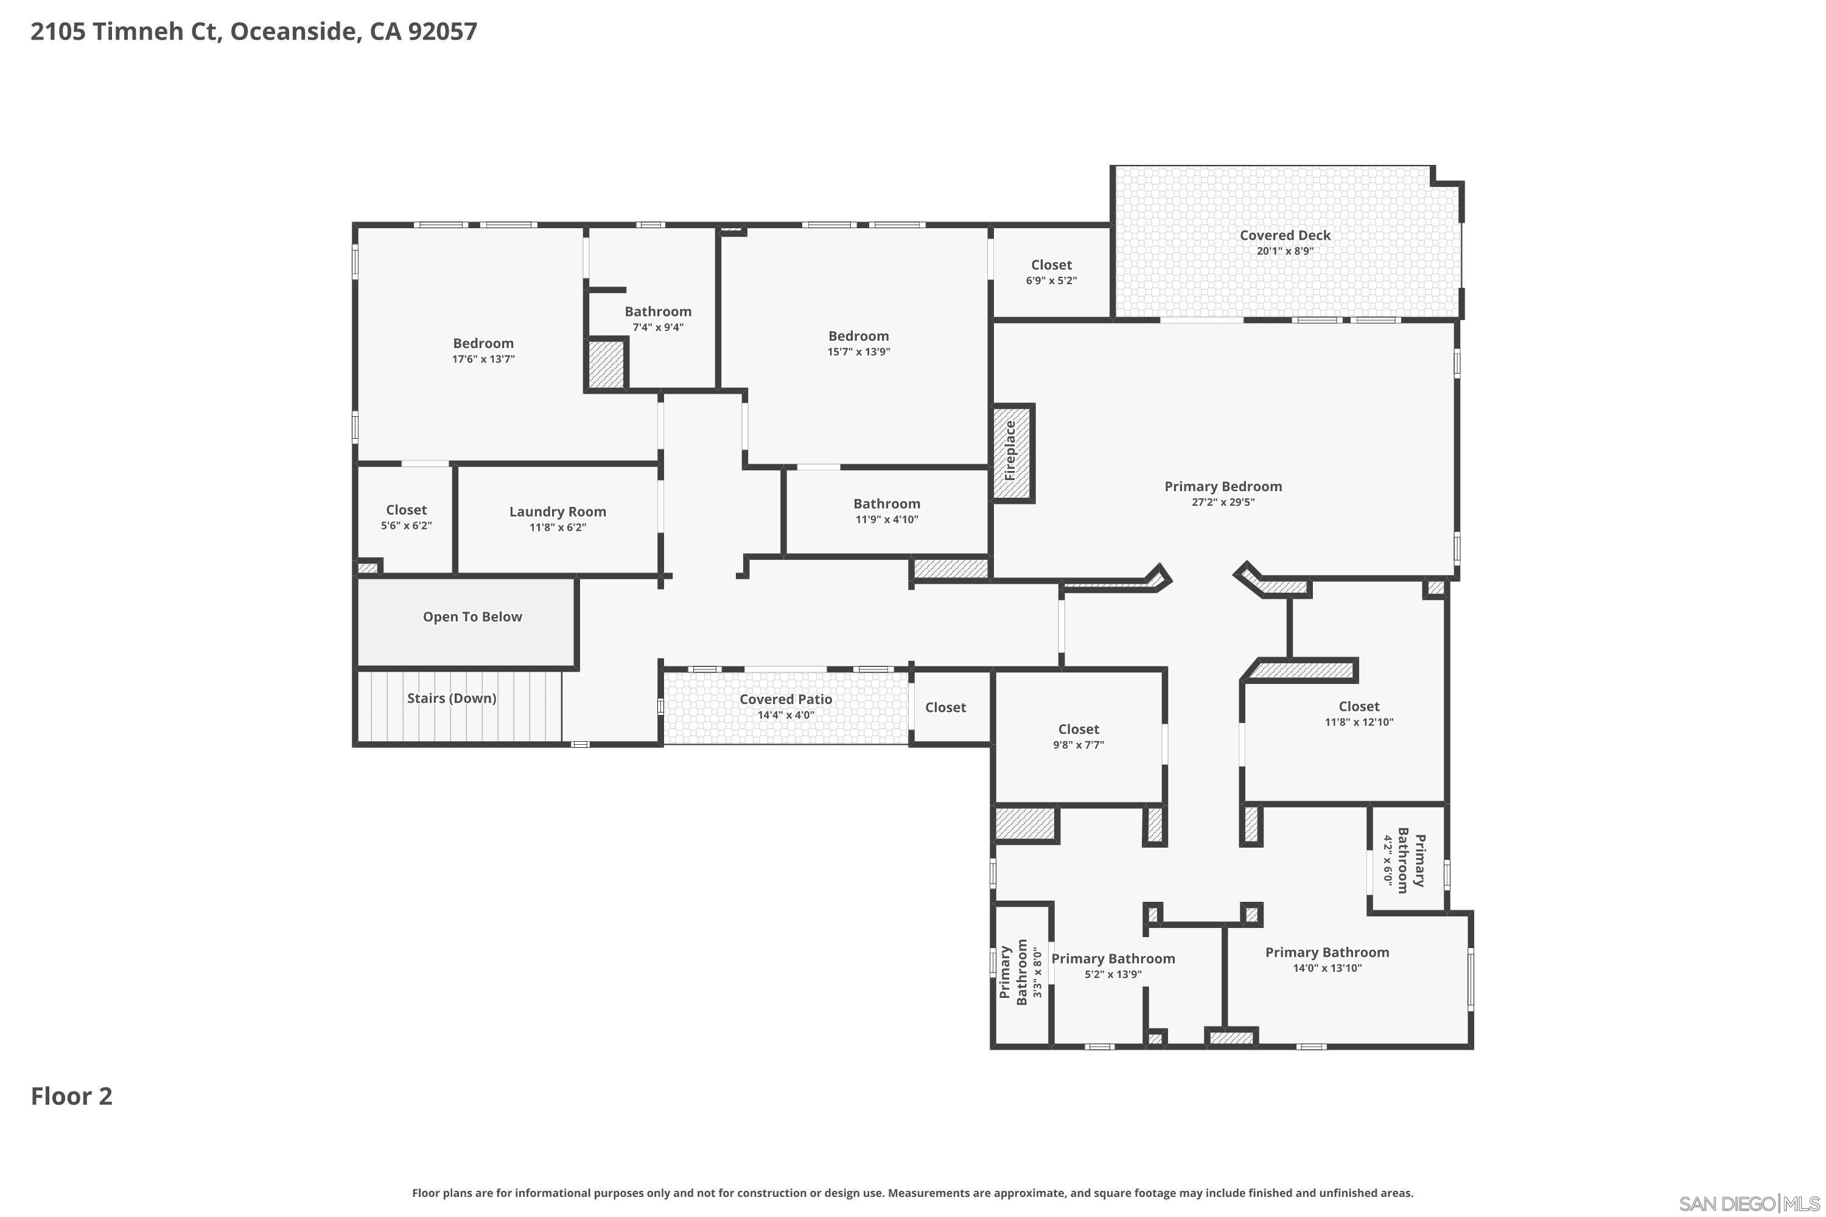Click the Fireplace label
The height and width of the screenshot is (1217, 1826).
click(x=1010, y=451)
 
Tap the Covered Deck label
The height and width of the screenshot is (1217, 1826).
click(x=1285, y=235)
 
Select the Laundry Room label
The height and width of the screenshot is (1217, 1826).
click(x=558, y=512)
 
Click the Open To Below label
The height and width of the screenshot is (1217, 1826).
click(x=472, y=617)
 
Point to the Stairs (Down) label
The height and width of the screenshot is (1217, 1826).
click(x=451, y=699)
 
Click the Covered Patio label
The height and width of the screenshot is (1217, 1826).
click(x=786, y=699)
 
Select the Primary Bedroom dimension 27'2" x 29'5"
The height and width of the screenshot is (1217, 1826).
click(x=1223, y=502)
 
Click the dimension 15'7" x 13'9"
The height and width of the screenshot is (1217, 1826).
click(x=858, y=352)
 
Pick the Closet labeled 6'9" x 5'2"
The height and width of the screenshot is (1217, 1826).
click(x=1051, y=265)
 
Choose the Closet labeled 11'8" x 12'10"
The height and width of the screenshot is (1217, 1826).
click(x=1359, y=706)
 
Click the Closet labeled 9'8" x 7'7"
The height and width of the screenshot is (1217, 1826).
click(x=1079, y=729)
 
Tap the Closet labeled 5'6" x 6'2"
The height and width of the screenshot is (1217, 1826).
click(x=406, y=510)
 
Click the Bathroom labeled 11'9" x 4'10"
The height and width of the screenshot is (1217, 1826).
click(x=887, y=504)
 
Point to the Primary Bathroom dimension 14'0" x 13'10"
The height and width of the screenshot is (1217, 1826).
click(x=1327, y=968)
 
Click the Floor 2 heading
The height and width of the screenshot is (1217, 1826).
click(x=71, y=1096)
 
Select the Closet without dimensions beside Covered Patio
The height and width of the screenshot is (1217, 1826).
click(x=945, y=707)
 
